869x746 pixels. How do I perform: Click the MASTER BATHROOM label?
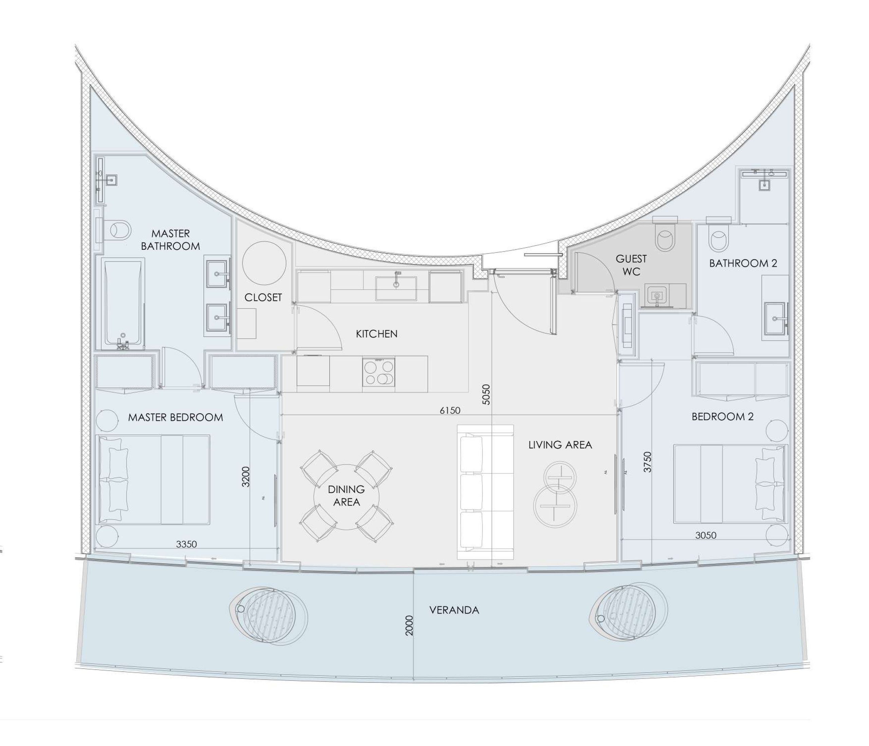[x=170, y=240]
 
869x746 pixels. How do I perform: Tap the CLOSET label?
[x=263, y=297]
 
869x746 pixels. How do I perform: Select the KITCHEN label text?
[x=376, y=334]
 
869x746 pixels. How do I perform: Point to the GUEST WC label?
[x=631, y=265]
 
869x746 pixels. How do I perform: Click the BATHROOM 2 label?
[x=743, y=263]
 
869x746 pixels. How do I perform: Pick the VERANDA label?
[x=454, y=610]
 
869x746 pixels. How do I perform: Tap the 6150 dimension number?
[x=450, y=410]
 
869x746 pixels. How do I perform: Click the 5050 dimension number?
[x=486, y=395]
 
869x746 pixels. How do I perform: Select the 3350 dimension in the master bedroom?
[x=186, y=544]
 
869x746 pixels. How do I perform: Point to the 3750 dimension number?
[x=648, y=462]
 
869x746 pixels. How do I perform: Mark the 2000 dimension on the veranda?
[x=409, y=625]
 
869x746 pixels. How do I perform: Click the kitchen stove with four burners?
[x=379, y=372]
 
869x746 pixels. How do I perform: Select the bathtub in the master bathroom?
[x=123, y=303]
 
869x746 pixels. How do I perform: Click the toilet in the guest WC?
[x=665, y=237]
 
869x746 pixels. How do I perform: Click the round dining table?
[x=347, y=497]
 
